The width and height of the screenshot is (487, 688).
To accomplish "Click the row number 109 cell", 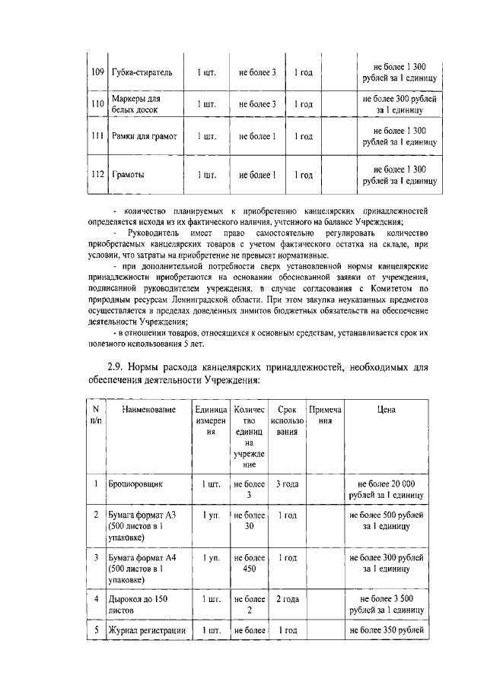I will click(97, 73).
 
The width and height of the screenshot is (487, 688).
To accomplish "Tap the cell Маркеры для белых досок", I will click(138, 104).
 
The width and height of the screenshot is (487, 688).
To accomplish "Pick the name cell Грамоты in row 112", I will click(128, 175).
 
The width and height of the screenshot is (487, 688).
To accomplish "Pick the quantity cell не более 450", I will click(248, 563).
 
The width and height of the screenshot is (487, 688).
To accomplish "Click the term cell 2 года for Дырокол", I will click(287, 599).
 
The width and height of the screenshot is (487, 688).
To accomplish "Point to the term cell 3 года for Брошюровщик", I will click(287, 483).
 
